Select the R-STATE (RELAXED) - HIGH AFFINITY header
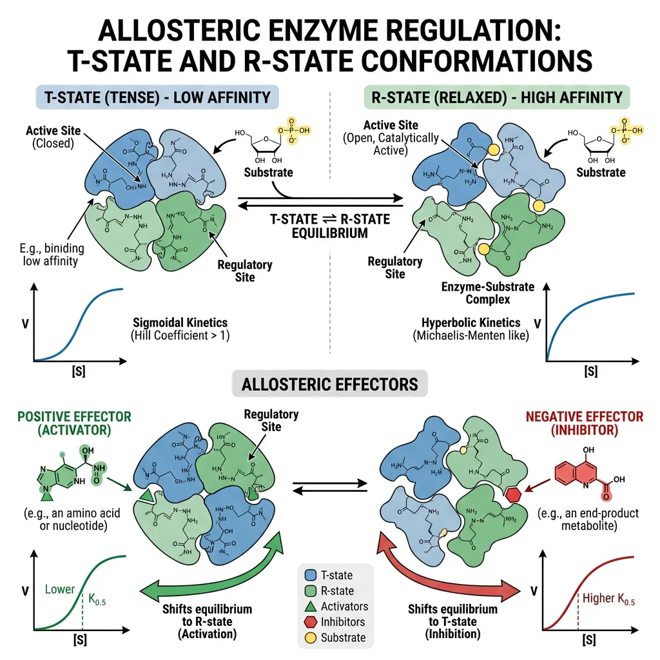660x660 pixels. pos(495,98)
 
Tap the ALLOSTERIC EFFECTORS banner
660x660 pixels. pos(329,385)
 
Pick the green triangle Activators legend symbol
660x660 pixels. pos(310,606)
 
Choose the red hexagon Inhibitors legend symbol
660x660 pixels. pos(310,622)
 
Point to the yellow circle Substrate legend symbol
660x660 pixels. pos(310,637)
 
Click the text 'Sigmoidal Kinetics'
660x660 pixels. pos(180,322)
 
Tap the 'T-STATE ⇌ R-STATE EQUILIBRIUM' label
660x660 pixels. pos(330,226)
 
